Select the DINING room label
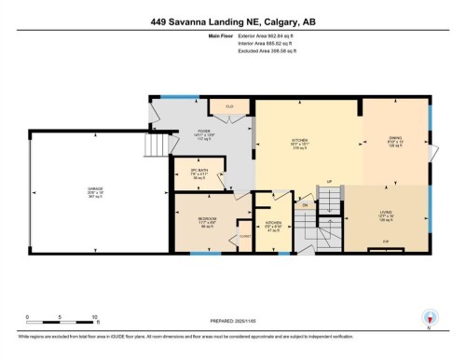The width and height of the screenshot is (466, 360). (x=394, y=137)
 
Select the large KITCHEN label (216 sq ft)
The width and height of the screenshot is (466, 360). (x=300, y=142)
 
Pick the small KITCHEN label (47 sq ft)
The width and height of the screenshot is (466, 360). (x=274, y=224)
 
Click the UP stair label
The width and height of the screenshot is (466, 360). (x=329, y=182)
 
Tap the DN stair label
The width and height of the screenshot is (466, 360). (x=304, y=203)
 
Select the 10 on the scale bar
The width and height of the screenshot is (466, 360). (x=95, y=317)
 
